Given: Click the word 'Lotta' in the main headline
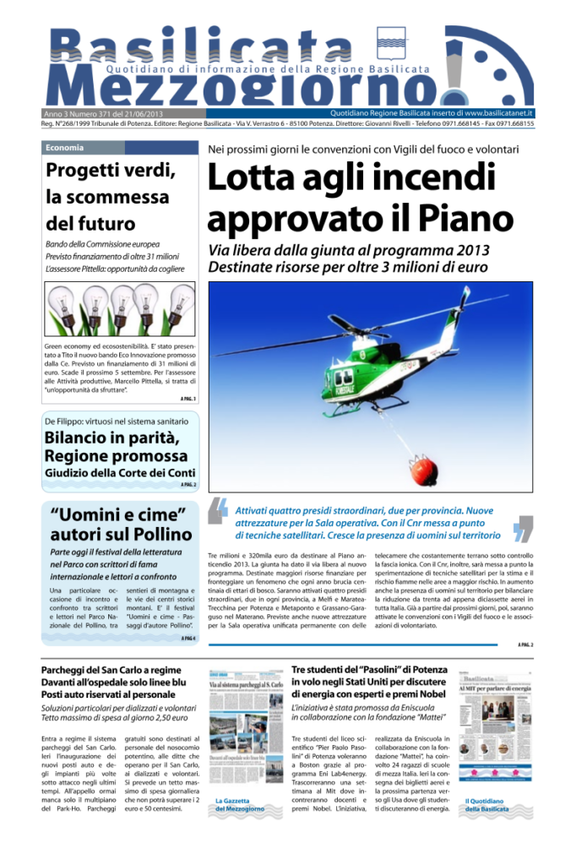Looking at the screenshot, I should point(256,179).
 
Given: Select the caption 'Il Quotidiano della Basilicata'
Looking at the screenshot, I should point(487,805).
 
